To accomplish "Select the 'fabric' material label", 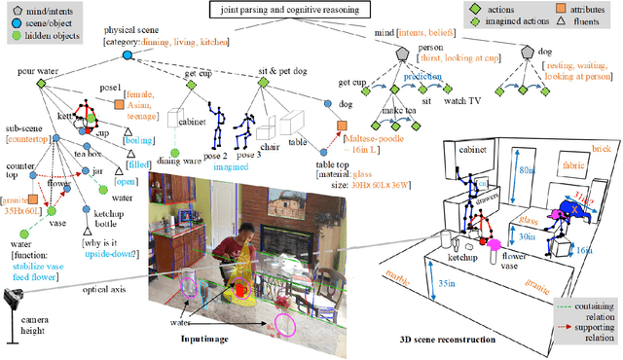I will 575,166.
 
